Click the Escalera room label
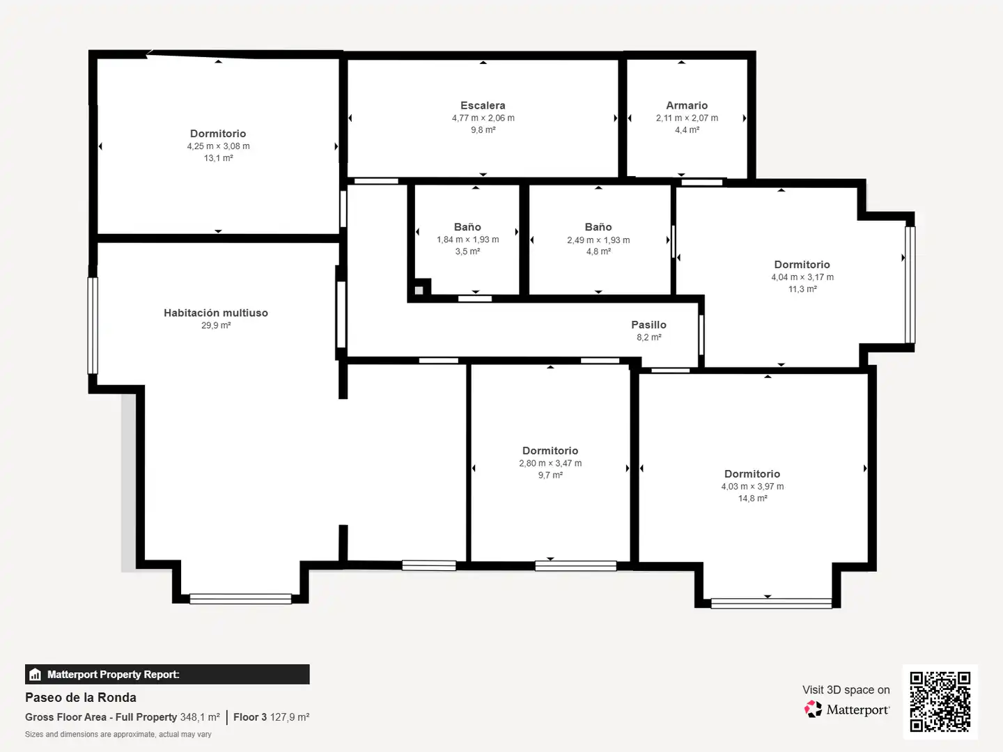pyautogui.click(x=483, y=105)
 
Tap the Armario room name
pyautogui.click(x=687, y=105)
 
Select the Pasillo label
pyautogui.click(x=649, y=324)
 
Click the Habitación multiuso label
pyautogui.click(x=216, y=313)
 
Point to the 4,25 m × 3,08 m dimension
pyautogui.click(x=219, y=146)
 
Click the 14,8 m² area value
pyautogui.click(x=752, y=498)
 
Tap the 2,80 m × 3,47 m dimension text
pyautogui.click(x=550, y=463)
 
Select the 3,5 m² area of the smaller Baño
pyautogui.click(x=467, y=251)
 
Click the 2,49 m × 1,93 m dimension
pyautogui.click(x=598, y=240)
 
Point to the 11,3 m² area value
pyautogui.click(x=802, y=288)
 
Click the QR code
pyautogui.click(x=940, y=701)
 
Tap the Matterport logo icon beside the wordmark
pyautogui.click(x=813, y=709)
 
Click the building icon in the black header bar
pyautogui.click(x=36, y=675)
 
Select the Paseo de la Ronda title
pyautogui.click(x=80, y=697)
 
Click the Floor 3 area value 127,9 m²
pyautogui.click(x=290, y=717)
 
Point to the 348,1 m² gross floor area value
pyautogui.click(x=200, y=717)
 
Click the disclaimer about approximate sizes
pyautogui.click(x=118, y=734)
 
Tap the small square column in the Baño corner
pyautogui.click(x=419, y=290)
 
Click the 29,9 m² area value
pyautogui.click(x=216, y=325)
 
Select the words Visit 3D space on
pyautogui.click(x=846, y=689)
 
